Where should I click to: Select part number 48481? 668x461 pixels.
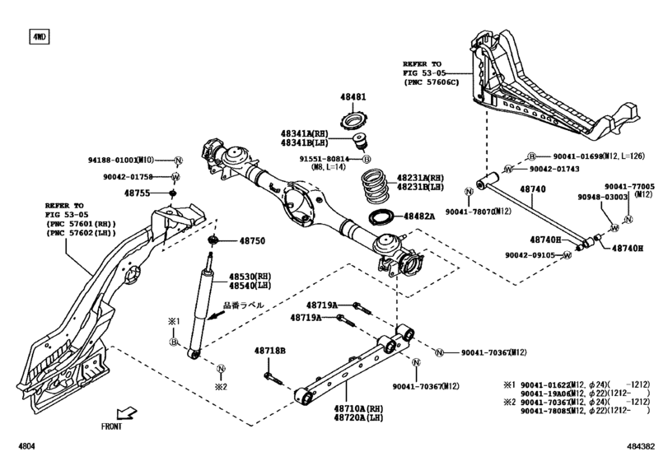pyautogui.click(x=354, y=97)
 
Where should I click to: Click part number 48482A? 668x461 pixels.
pyautogui.click(x=420, y=217)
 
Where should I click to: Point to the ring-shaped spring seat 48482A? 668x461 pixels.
pyautogui.click(x=382, y=217)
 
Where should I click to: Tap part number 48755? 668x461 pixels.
pyautogui.click(x=138, y=193)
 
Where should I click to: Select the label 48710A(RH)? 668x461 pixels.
pyautogui.click(x=359, y=408)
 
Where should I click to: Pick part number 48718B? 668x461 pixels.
pyautogui.click(x=269, y=352)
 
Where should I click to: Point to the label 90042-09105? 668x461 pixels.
pyautogui.click(x=533, y=255)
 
